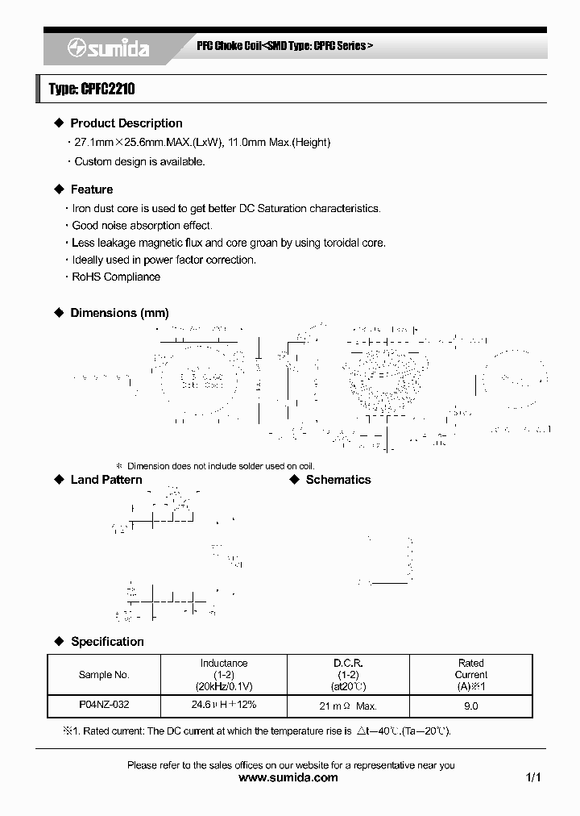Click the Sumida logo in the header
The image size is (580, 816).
pos(108,49)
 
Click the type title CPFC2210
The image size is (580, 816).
pos(91,90)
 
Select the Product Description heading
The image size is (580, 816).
pos(126,123)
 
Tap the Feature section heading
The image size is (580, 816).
pos(91,189)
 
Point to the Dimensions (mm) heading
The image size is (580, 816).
pos(119,313)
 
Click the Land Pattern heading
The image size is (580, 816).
pos(106,480)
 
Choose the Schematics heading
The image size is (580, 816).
pos(338,480)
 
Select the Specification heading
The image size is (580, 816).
pos(107,642)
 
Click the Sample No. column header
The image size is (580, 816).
pos(104,675)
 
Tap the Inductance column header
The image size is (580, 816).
pos(224,675)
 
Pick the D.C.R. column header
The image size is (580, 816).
pos(349,675)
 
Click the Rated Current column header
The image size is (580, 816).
pos(470,675)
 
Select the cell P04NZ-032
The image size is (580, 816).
pos(104,705)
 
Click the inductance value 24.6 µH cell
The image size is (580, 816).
pos(224,705)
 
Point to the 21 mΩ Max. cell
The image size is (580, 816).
pos(349,706)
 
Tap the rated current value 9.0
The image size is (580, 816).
pos(471,706)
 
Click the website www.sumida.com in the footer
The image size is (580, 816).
pos(290,778)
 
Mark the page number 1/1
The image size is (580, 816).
pos(532,778)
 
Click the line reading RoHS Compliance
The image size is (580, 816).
pos(116,277)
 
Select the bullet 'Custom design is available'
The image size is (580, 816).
pos(139,161)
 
